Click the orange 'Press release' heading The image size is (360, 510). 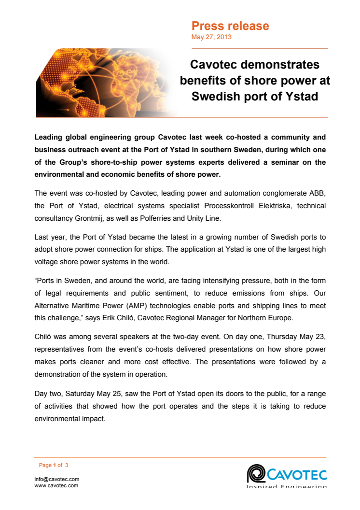230,26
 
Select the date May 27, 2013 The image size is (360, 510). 211,37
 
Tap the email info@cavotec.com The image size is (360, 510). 57,479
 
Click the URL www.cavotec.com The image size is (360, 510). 56,485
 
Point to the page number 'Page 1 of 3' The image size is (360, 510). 54,465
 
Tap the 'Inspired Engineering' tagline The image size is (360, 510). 287,486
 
